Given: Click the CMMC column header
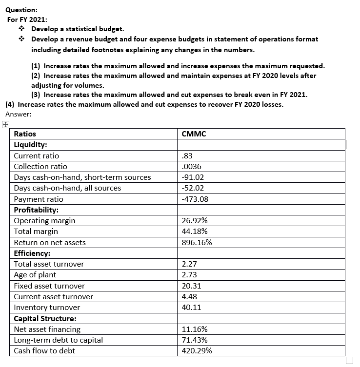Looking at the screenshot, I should [193, 134].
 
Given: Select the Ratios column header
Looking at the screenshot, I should [25, 134].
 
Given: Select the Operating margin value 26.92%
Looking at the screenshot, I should [194, 221].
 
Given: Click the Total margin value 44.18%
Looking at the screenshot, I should [194, 232].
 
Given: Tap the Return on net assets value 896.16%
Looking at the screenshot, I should [196, 243].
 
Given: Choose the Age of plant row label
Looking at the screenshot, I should [35, 275].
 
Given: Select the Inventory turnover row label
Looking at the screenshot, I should [47, 308].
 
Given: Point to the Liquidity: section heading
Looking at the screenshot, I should [30, 145].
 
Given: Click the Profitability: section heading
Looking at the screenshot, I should [36, 210].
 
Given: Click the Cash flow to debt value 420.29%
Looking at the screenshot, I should [196, 351].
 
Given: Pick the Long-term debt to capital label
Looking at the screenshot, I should [58, 340].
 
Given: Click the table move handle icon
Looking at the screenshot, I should [5, 125].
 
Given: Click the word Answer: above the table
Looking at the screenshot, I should [18, 114].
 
